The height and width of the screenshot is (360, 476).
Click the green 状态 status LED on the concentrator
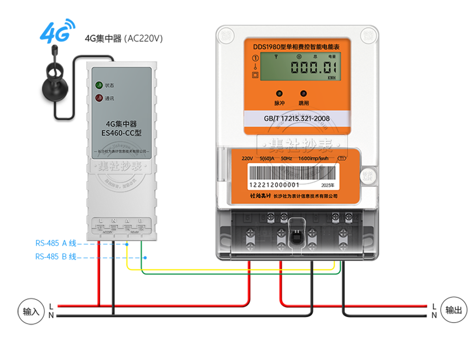[99, 85]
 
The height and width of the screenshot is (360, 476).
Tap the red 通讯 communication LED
[99, 98]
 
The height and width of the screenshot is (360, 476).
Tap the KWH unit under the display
[332, 78]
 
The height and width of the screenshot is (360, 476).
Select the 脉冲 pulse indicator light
[279, 94]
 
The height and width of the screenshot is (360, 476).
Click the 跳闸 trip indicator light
[304, 94]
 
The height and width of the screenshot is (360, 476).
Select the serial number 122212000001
[274, 185]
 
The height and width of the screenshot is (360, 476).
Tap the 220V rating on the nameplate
[248, 158]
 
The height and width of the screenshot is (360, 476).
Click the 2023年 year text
[326, 185]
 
